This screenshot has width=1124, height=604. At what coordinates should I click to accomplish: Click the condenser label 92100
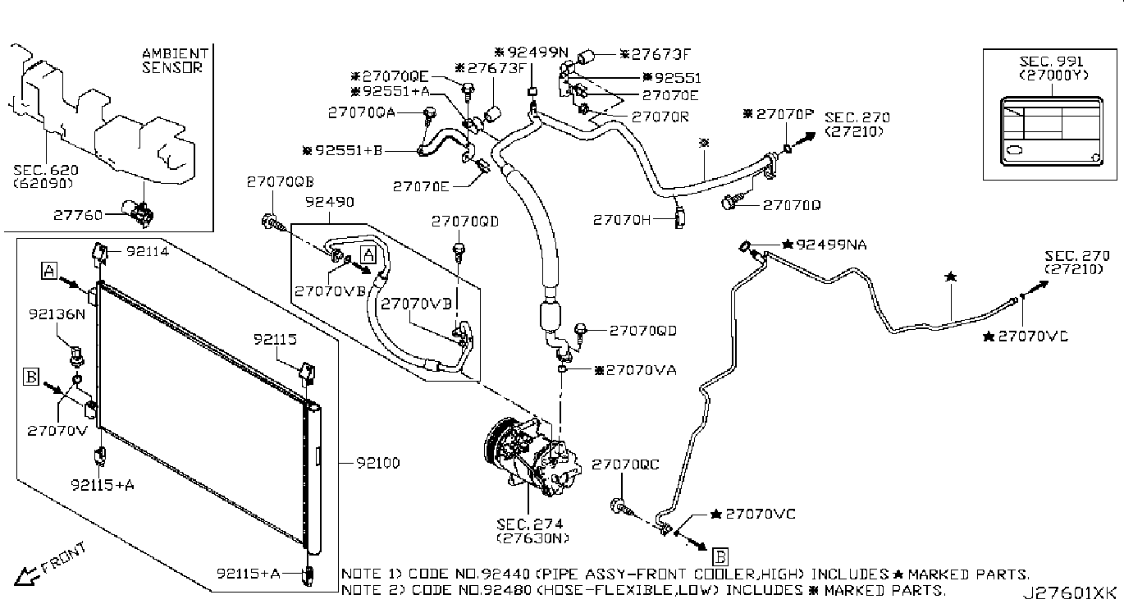coord(377,464)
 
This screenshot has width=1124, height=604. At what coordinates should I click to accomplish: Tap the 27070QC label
coord(625,464)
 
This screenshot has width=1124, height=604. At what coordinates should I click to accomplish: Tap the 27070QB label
coord(280,182)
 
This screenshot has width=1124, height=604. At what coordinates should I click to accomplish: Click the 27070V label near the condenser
coord(57,430)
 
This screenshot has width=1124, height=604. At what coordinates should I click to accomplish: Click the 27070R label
coord(660,117)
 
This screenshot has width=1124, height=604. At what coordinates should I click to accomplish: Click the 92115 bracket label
coord(275,338)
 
